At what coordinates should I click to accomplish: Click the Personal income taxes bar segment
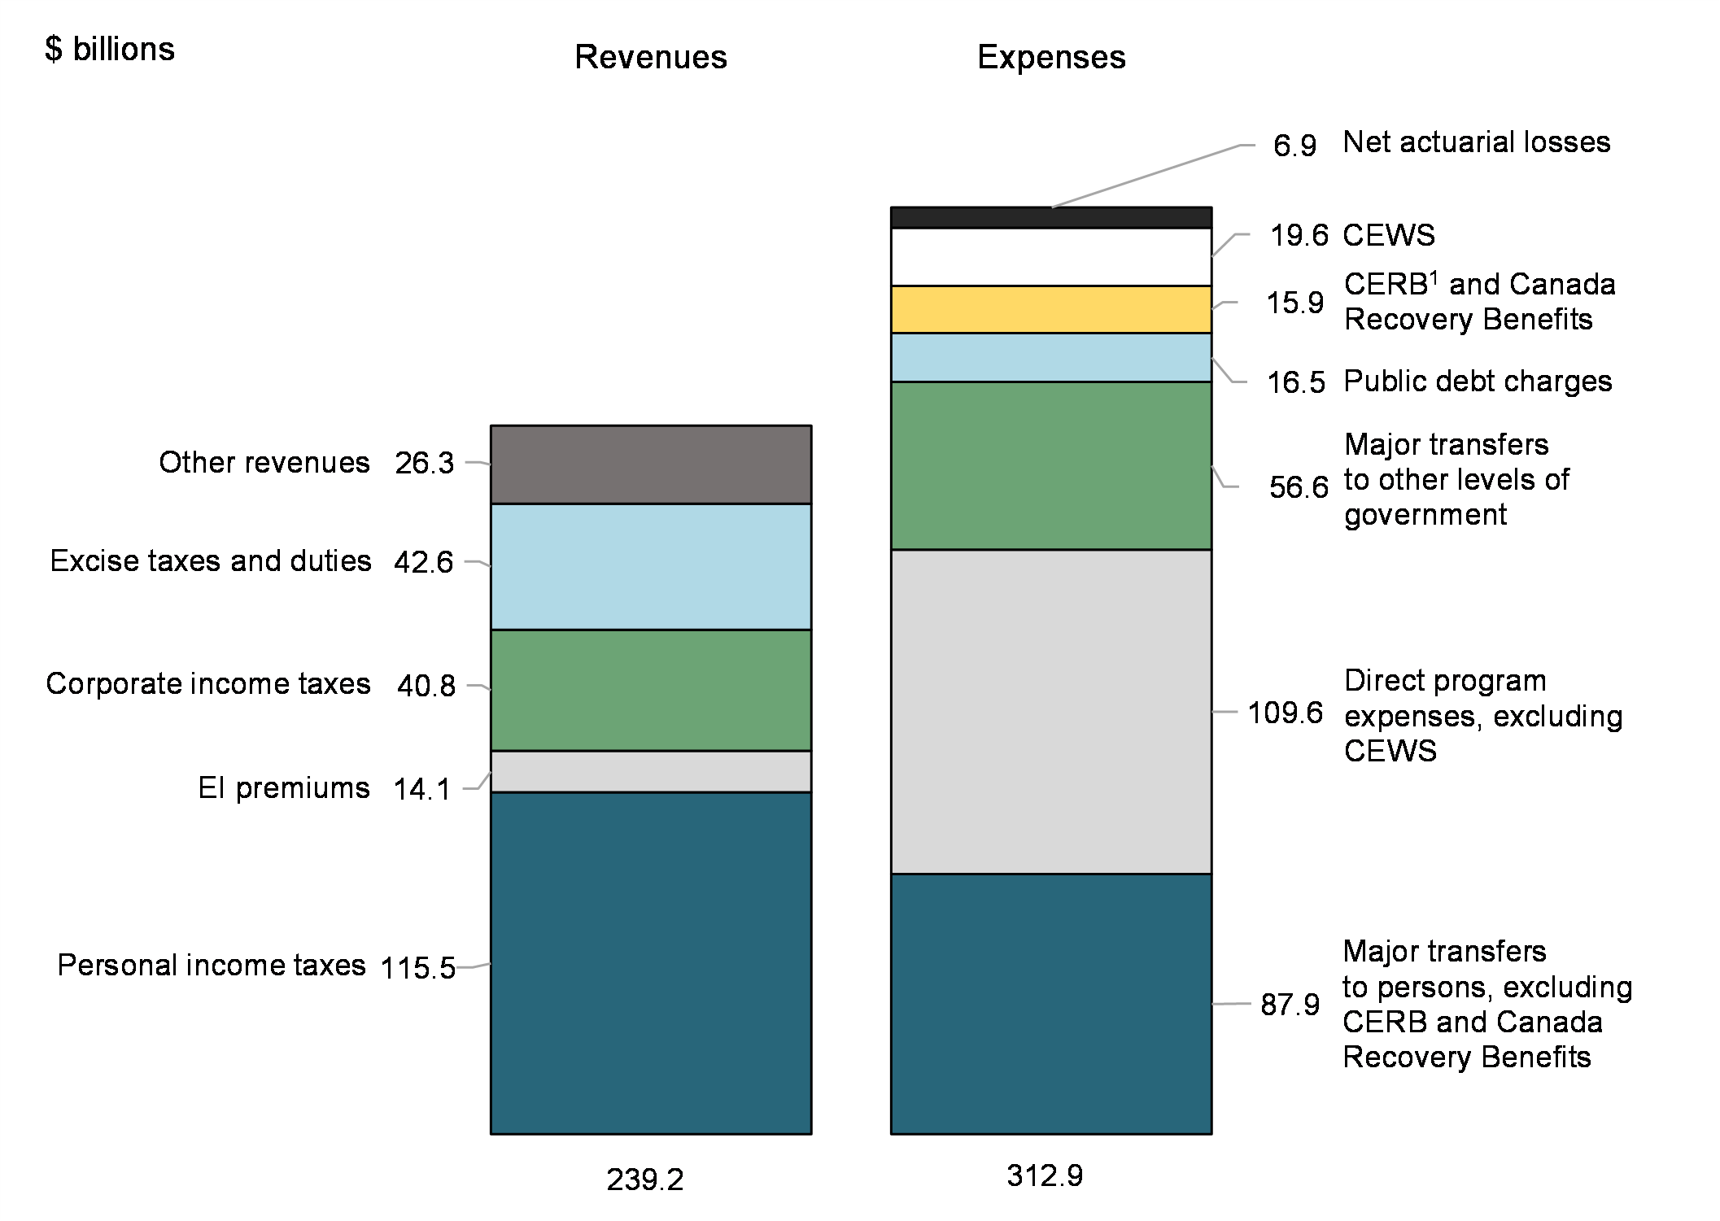click(x=650, y=962)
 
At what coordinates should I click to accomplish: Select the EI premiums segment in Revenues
click(x=650, y=771)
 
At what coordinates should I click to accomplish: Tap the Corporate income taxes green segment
click(x=650, y=690)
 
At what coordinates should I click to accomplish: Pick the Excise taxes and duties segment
click(x=650, y=566)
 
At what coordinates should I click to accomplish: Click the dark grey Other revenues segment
click(x=650, y=464)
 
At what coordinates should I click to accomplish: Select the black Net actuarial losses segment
click(x=1050, y=217)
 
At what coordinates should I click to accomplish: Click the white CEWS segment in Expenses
click(x=1050, y=256)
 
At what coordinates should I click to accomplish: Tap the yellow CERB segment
click(x=1050, y=309)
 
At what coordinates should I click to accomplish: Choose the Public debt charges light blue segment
click(x=1050, y=357)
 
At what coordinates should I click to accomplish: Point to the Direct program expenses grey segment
click(x=1050, y=712)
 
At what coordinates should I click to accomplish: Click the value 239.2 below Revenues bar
click(x=645, y=1180)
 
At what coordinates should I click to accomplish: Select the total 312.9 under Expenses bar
click(x=1045, y=1175)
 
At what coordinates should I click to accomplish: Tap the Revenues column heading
click(x=651, y=57)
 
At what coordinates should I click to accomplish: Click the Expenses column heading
click(x=1051, y=57)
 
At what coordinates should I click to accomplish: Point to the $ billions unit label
click(x=110, y=50)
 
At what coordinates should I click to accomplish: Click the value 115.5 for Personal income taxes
click(x=418, y=968)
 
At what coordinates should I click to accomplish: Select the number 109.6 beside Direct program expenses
click(x=1286, y=713)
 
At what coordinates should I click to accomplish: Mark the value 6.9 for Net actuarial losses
click(x=1294, y=146)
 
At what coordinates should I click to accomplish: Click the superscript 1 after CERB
click(x=1434, y=277)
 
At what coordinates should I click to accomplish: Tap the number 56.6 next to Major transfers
click(x=1299, y=487)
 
